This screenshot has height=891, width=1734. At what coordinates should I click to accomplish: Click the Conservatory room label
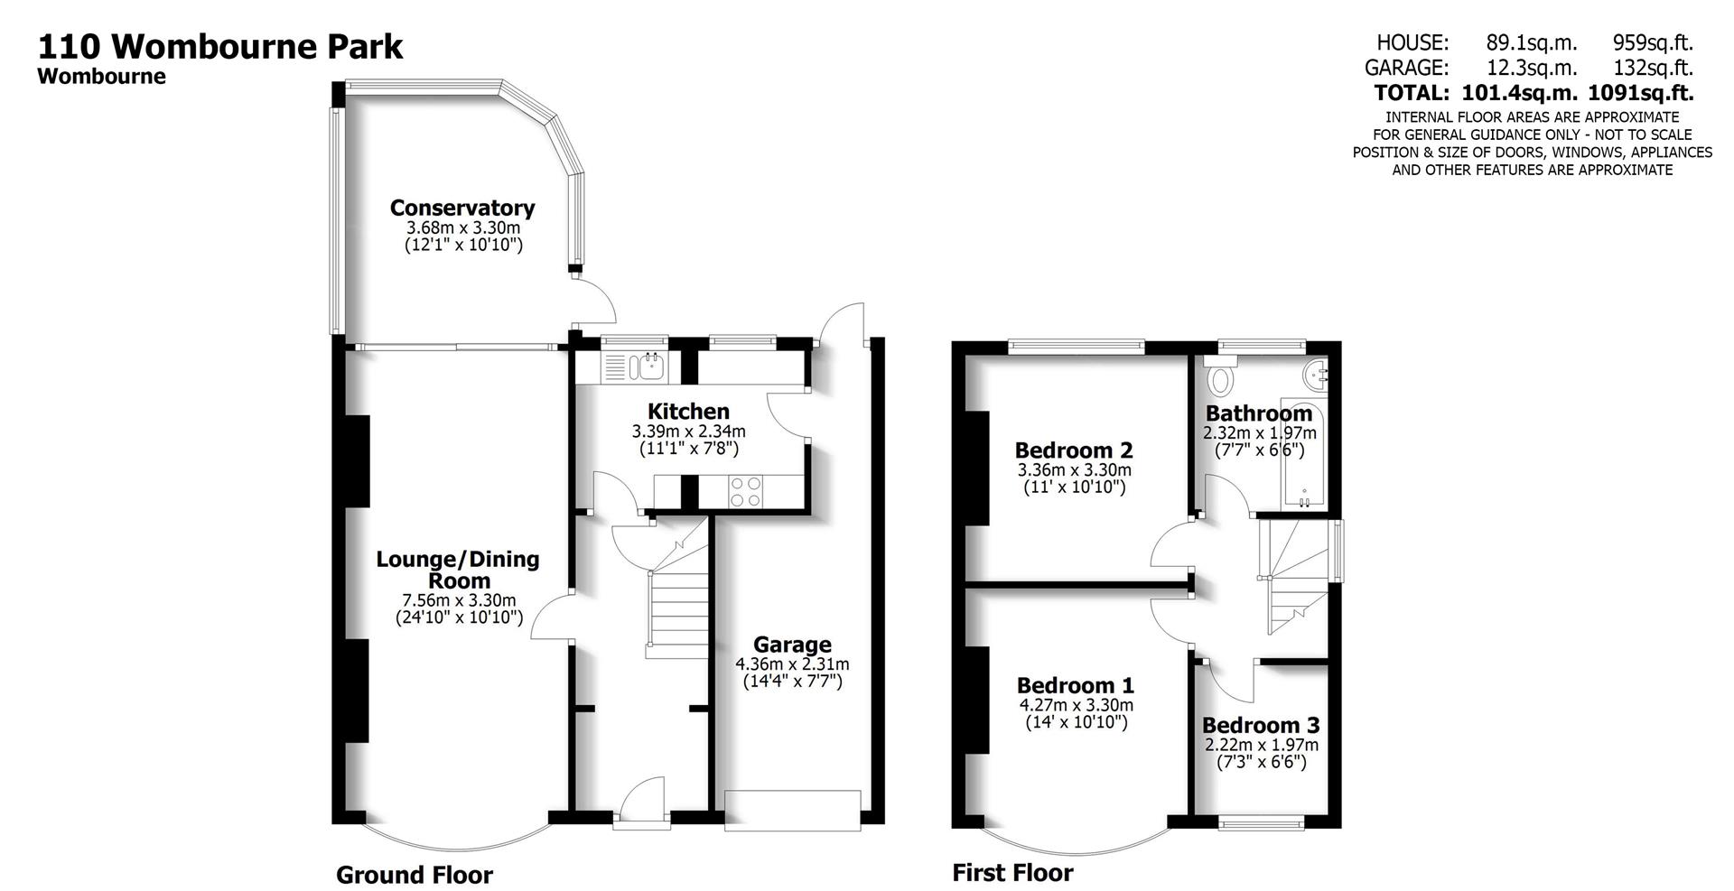[x=461, y=208]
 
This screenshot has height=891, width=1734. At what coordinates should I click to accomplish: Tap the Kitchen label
[x=688, y=412]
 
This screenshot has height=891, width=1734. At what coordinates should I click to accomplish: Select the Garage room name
[x=792, y=644]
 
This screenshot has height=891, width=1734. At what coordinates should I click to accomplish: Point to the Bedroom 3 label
[x=1261, y=725]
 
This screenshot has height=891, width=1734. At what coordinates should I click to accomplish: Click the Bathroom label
[x=1259, y=413]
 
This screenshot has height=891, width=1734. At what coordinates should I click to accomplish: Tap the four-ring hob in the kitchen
[x=745, y=491]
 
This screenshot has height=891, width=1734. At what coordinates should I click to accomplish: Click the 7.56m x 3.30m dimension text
[x=459, y=600]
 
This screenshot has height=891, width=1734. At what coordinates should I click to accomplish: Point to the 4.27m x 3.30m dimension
[x=1076, y=705]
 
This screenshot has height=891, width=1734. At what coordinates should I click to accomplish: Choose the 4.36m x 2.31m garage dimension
[x=792, y=664]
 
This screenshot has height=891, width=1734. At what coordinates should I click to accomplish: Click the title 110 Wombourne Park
[x=219, y=45]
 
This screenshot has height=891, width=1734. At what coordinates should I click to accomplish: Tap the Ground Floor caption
[x=415, y=875]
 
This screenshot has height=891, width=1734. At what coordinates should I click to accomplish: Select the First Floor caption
[x=1012, y=872]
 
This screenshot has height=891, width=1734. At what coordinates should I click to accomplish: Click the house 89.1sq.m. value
[x=1532, y=42]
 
